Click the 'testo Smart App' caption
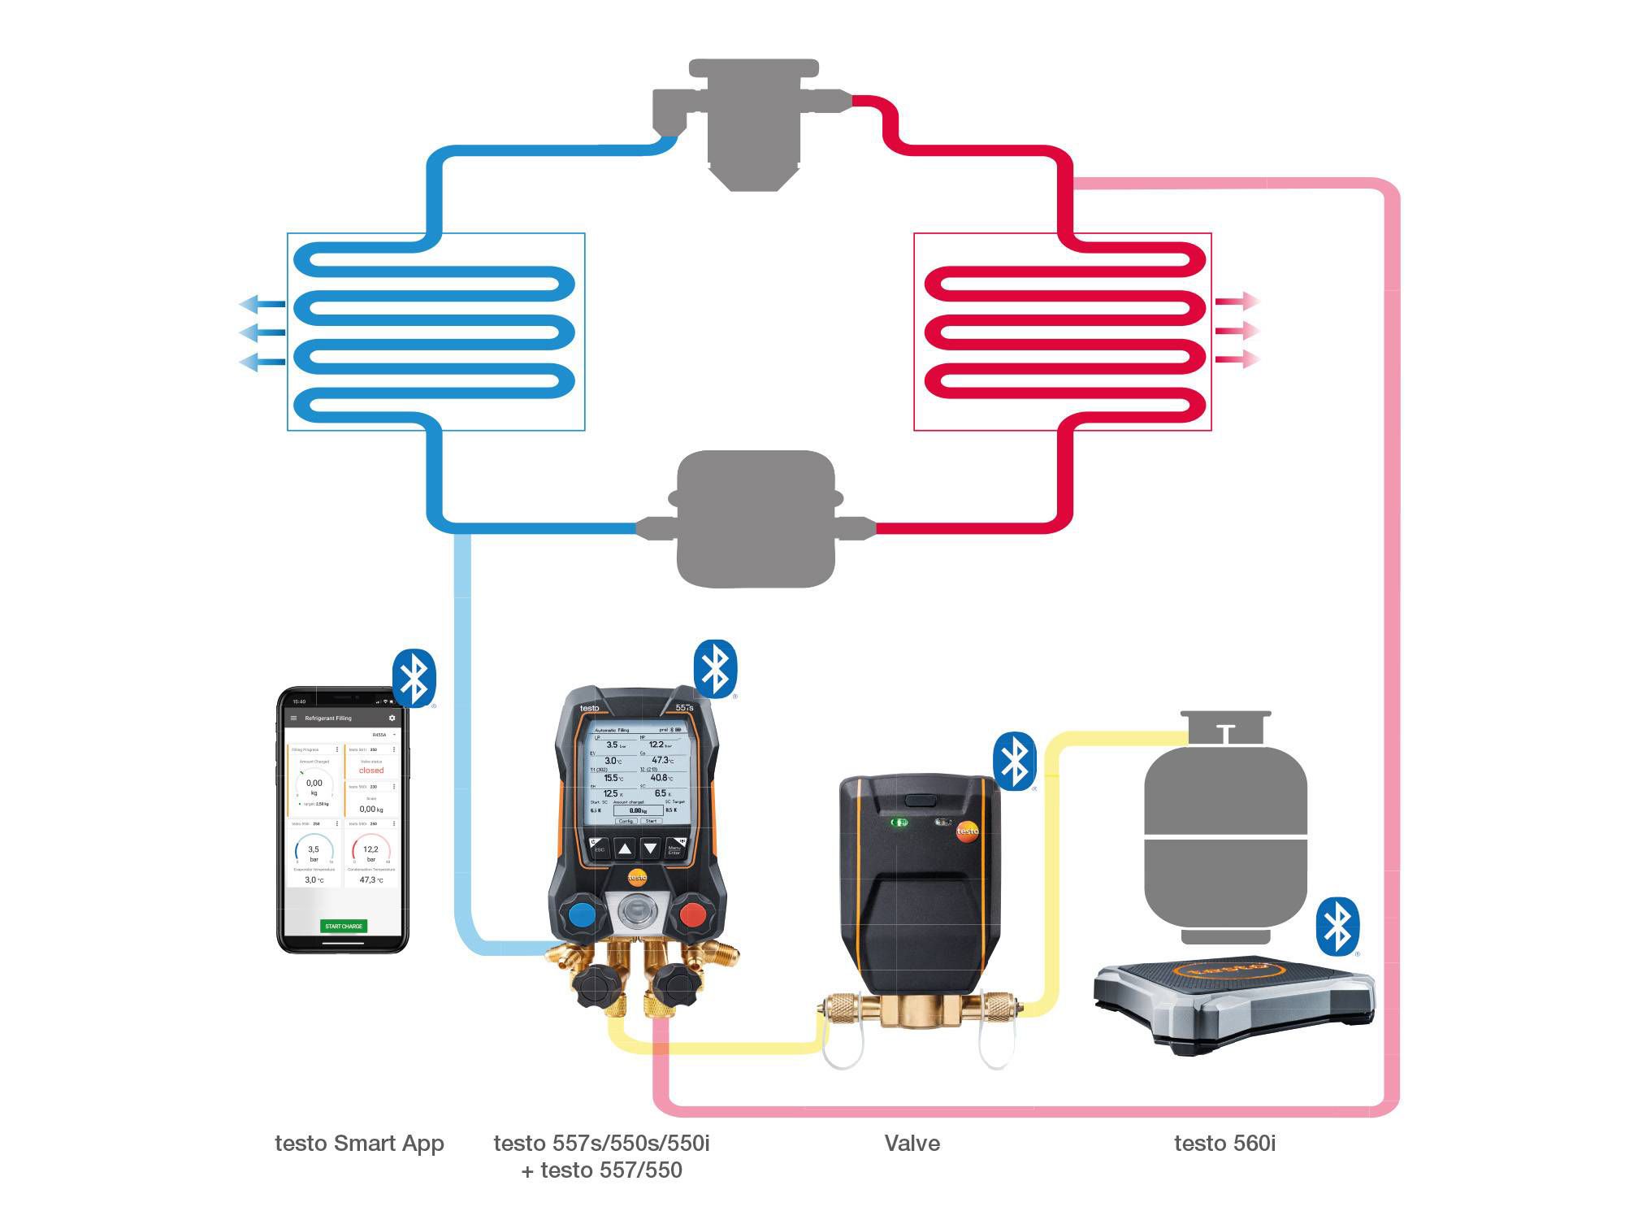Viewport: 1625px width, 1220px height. point(359,1143)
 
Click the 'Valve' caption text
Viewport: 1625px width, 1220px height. point(912,1143)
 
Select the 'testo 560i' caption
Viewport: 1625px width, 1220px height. point(1224,1143)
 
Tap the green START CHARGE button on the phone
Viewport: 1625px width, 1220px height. point(344,926)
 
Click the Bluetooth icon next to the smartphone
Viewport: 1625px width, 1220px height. point(414,678)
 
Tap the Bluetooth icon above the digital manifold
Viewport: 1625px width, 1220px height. point(715,669)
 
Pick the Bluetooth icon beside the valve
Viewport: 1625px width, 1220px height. point(1014,762)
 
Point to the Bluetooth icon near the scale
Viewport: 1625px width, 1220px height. point(1337,927)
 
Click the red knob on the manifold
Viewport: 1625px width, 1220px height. point(692,914)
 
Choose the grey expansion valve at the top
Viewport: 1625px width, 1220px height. point(752,122)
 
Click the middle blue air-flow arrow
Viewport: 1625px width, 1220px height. point(262,332)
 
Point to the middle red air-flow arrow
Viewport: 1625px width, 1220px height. point(1237,331)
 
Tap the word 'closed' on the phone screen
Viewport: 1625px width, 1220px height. point(371,770)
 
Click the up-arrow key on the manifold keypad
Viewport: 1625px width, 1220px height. point(624,849)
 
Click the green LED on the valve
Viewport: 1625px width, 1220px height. point(899,823)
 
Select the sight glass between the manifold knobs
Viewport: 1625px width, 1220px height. point(637,910)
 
